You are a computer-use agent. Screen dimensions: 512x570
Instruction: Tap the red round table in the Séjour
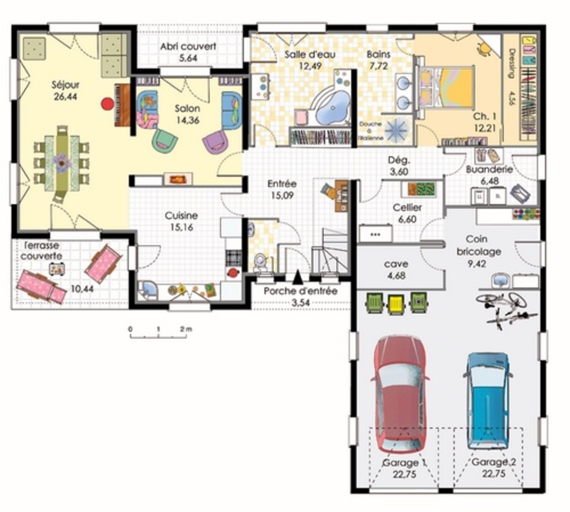(x=107, y=103)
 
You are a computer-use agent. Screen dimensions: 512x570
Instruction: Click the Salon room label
(x=187, y=109)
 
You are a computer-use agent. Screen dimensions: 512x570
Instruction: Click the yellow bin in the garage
(x=395, y=302)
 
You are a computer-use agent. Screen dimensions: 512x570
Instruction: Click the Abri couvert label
(x=189, y=47)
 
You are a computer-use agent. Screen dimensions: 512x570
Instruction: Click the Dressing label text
(x=511, y=63)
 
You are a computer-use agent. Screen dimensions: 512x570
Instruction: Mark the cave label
(x=396, y=264)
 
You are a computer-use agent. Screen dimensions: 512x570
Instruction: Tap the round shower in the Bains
(x=398, y=129)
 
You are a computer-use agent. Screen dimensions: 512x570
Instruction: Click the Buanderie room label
(x=490, y=170)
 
